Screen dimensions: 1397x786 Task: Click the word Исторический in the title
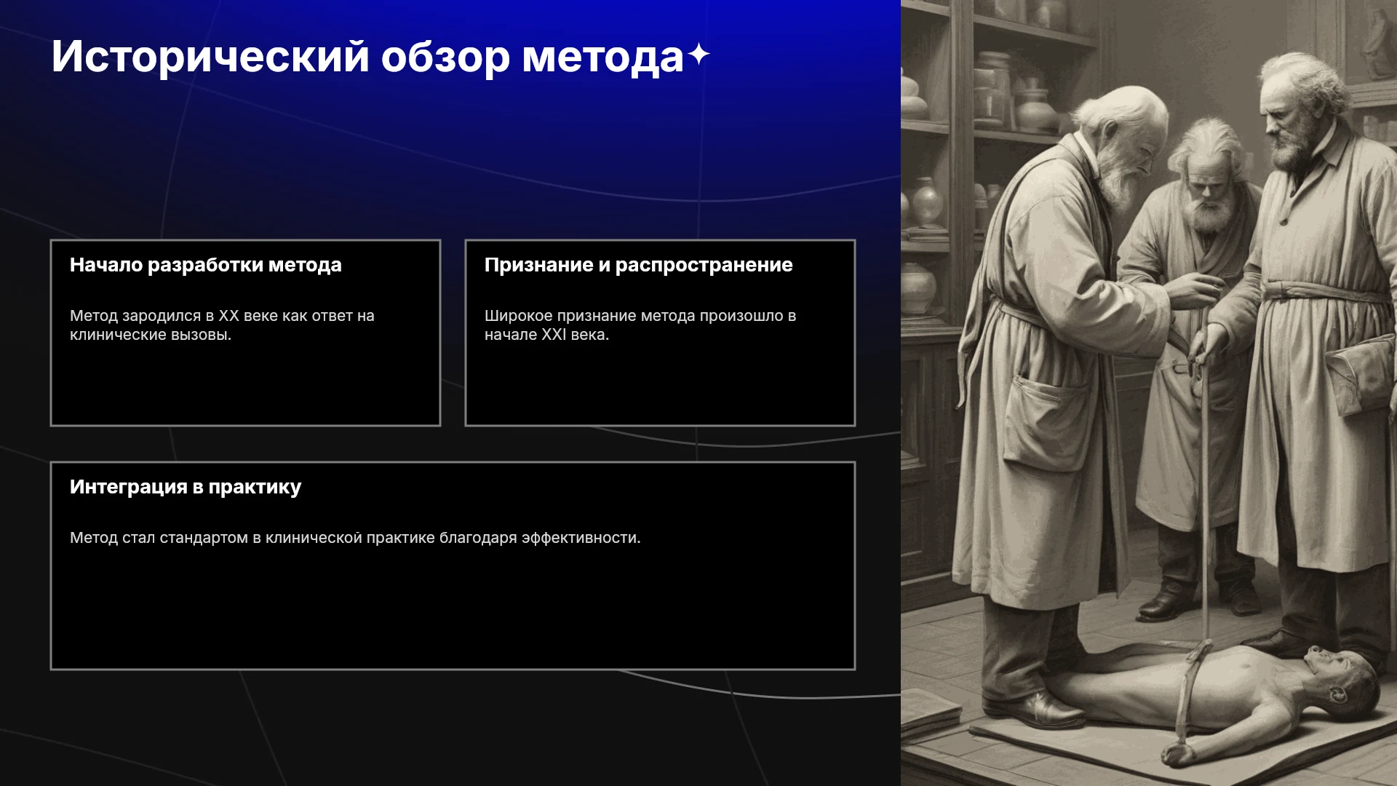(x=210, y=57)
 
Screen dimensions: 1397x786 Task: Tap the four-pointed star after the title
(x=698, y=55)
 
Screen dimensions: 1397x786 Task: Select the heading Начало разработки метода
(x=206, y=265)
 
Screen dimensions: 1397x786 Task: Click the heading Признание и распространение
(x=638, y=265)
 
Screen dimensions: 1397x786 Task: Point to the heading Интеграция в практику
(x=186, y=487)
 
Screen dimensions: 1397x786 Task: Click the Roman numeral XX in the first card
(x=228, y=316)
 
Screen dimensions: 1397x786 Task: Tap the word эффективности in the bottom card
(x=581, y=538)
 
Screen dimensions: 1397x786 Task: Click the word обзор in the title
(x=445, y=57)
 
